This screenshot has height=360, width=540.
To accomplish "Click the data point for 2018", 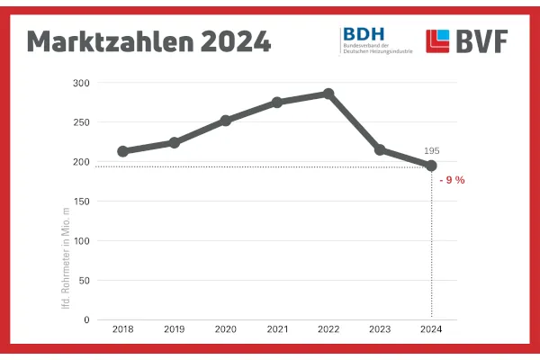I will coord(122,151).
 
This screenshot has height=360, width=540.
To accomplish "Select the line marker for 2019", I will coord(175,142).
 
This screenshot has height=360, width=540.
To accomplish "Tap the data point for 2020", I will coord(226,120).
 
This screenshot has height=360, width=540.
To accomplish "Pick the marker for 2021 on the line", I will coord(277,103).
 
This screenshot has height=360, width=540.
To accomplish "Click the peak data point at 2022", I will coord(328,94).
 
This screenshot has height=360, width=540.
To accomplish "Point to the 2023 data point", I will coord(380,149).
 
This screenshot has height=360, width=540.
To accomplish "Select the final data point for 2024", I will coord(431,166).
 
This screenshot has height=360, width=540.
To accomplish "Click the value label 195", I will coord(431,150).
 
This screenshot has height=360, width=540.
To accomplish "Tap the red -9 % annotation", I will coord(452,180).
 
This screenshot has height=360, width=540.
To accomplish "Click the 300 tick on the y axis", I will coord(82,83).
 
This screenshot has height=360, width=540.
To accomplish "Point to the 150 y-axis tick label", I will coord(82,202).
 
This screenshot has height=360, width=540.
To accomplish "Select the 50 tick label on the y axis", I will coord(85,281).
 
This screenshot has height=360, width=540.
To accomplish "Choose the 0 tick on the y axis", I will coord(87,320).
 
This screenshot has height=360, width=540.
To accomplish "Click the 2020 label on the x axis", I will coord(226,330).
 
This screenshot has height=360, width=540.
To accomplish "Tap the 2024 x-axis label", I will coord(431,330).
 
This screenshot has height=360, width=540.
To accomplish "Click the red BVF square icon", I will coord(438,41).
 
